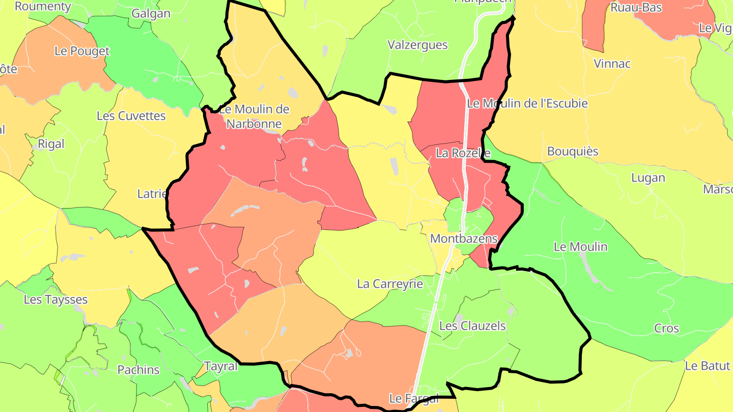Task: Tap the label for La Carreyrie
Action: pos(390,284)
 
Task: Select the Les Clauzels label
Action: pos(472,326)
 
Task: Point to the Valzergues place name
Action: pos(417,45)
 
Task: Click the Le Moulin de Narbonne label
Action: pos(254,116)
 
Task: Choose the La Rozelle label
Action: pos(463,153)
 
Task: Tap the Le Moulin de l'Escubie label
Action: pos(527,103)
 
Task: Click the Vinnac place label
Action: pos(612,64)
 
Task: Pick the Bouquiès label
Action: pos(573,152)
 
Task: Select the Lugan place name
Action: pos(648,178)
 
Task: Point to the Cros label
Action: pos(666,329)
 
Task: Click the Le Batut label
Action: pos(707,366)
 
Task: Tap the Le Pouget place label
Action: pos(81,51)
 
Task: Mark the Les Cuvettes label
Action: pos(131,116)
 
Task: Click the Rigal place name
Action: pos(51,144)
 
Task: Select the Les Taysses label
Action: pos(55,300)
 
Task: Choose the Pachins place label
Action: pos(138,370)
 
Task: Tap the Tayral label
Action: pos(221,366)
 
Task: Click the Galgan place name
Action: pos(151,14)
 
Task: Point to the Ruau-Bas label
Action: pos(636,8)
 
